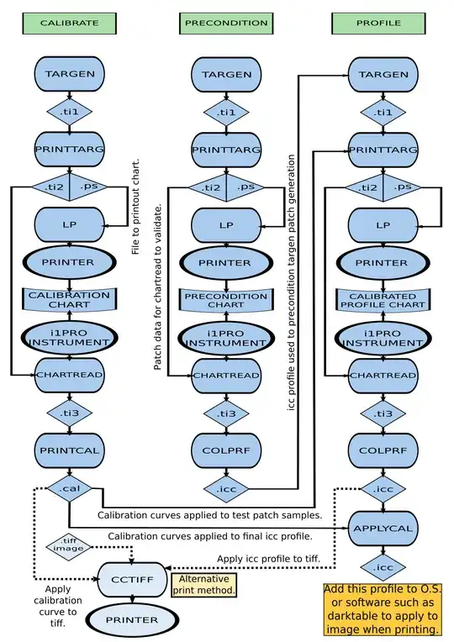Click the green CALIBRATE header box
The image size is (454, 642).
click(x=69, y=24)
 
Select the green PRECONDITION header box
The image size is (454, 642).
click(x=226, y=24)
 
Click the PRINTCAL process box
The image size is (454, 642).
click(x=69, y=450)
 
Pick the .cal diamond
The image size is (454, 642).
click(x=69, y=488)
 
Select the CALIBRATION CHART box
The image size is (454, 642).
click(x=69, y=300)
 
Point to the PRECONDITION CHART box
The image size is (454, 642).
click(x=226, y=300)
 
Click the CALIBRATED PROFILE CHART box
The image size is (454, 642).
click(x=383, y=300)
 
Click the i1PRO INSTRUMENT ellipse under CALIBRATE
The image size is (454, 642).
click(x=69, y=338)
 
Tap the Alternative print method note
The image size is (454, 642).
click(x=203, y=585)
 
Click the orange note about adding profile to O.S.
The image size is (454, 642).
click(x=383, y=610)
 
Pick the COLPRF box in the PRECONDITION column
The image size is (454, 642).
click(x=226, y=450)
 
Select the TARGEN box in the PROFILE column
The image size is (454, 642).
click(x=383, y=74)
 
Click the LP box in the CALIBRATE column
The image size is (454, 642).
click(x=69, y=225)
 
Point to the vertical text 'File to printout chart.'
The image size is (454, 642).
click(x=137, y=206)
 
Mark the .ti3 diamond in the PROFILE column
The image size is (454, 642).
click(x=383, y=413)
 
